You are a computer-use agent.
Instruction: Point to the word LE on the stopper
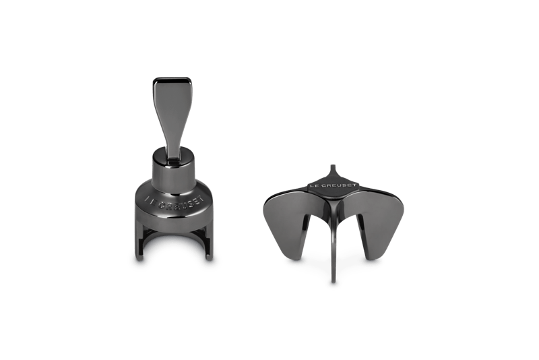point(149,200)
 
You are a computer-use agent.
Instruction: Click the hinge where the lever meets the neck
point(174,156)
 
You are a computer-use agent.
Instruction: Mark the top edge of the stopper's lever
point(172,78)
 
